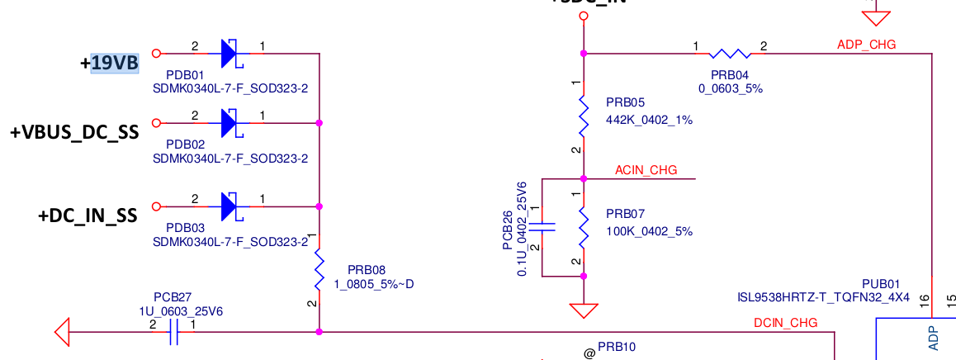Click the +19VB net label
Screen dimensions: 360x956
click(x=115, y=63)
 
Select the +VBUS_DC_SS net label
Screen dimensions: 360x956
click(x=74, y=133)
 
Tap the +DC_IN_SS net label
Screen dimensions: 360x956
click(x=87, y=216)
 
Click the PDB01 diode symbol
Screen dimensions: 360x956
click(x=229, y=54)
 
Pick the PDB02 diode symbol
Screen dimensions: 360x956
click(x=229, y=124)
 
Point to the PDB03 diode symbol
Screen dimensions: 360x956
click(x=229, y=206)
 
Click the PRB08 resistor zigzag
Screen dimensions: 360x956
click(x=319, y=271)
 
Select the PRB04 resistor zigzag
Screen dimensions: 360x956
click(x=730, y=54)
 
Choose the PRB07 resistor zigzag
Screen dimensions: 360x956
click(x=584, y=227)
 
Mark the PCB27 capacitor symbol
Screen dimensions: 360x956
click(x=174, y=332)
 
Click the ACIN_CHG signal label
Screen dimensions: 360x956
click(x=646, y=170)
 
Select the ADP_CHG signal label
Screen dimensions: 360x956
click(x=866, y=45)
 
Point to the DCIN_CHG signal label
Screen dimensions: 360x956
click(x=785, y=323)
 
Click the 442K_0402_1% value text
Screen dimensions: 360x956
click(x=649, y=120)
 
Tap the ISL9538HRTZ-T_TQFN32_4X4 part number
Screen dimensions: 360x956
click(x=823, y=296)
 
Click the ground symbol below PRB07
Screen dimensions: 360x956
click(x=584, y=311)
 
